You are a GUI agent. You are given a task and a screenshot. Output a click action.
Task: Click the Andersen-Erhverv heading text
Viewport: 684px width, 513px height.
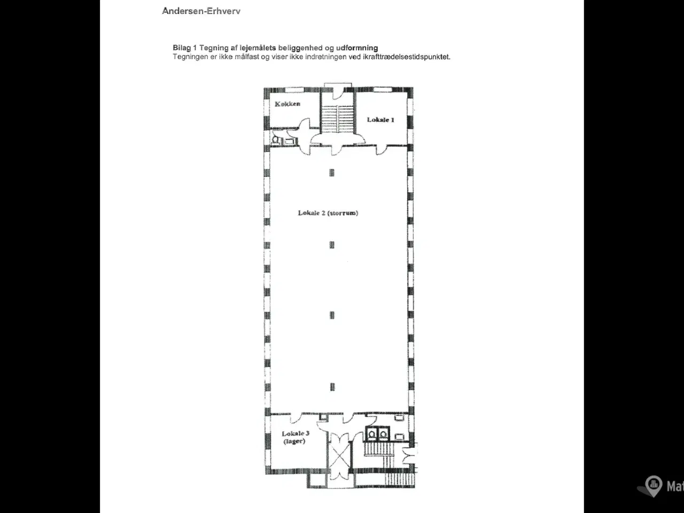201,11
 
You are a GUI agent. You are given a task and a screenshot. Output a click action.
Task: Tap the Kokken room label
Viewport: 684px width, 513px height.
287,104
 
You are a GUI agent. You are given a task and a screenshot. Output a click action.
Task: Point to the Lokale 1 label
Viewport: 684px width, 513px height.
380,120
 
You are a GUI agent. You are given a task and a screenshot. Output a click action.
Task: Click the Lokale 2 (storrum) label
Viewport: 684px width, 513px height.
328,213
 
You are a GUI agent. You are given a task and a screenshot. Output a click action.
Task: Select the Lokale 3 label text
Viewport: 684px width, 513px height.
296,433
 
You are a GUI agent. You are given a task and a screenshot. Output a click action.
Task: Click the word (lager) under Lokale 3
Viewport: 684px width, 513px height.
294,441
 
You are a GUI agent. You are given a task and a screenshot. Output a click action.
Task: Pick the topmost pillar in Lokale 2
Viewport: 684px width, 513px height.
332,173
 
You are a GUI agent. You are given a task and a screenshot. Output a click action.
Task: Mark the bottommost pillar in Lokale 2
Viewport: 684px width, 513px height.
332,387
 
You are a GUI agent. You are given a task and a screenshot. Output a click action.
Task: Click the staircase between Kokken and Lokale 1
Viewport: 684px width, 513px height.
338,119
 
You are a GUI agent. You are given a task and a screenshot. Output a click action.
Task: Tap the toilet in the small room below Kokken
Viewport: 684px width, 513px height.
275,140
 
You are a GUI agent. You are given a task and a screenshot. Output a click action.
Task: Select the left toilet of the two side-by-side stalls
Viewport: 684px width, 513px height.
372,434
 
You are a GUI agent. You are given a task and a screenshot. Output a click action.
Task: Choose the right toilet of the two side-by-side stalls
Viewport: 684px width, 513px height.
383,434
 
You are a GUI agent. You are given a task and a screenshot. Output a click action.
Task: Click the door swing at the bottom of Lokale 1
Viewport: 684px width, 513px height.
382,150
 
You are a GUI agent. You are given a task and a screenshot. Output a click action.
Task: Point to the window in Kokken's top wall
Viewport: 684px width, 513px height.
294,90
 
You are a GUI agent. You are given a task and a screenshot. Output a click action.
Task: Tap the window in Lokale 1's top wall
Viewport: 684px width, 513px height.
383,90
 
